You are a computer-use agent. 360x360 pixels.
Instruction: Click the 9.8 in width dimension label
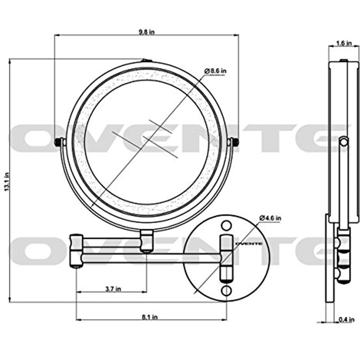pos(147,32)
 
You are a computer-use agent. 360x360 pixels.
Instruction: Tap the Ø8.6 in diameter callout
pos(216,71)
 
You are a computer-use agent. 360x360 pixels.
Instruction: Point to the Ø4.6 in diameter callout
pos(270,218)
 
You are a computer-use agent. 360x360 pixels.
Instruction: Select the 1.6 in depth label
pos(343,43)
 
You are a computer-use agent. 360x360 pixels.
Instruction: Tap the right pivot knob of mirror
pos(235,142)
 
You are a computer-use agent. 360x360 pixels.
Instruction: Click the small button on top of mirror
pos(146,61)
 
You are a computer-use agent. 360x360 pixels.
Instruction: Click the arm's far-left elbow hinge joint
pos(76,250)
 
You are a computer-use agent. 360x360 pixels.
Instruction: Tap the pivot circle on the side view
pos(344,142)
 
